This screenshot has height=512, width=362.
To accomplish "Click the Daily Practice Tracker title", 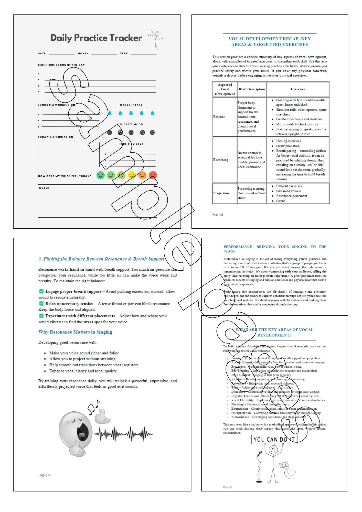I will pyautogui.click(x=96, y=38).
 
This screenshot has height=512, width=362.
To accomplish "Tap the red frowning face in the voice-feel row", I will pyautogui.click(x=153, y=175).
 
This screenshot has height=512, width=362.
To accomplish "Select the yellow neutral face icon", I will pyautogui.click(x=132, y=175).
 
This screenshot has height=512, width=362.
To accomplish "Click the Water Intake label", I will pyautogui.click(x=131, y=105).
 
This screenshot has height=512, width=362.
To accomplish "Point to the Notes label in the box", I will pyautogui.click(x=44, y=188).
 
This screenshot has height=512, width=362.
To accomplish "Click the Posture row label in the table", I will pyautogui.click(x=219, y=117).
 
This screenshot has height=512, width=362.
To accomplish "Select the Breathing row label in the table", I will pyautogui.click(x=221, y=160).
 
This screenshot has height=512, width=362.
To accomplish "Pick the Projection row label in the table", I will pyautogui.click(x=221, y=193).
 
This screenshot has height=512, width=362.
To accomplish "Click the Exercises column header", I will pyautogui.click(x=298, y=89).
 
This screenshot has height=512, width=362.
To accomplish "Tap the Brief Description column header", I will pyautogui.click(x=252, y=89).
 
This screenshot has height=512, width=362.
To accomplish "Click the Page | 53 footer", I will pyautogui.click(x=218, y=215).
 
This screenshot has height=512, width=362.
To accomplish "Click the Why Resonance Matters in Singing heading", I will pyautogui.click(x=75, y=332).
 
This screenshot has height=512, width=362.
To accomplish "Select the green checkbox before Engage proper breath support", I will pyautogui.click(x=41, y=291).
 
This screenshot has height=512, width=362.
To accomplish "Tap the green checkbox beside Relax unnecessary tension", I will pyautogui.click(x=41, y=303).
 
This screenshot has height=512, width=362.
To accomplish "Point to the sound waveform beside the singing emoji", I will pyautogui.click(x=123, y=434).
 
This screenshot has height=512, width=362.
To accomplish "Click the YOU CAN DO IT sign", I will pyautogui.click(x=274, y=439).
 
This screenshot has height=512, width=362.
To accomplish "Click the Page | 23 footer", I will pyautogui.click(x=45, y=475).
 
